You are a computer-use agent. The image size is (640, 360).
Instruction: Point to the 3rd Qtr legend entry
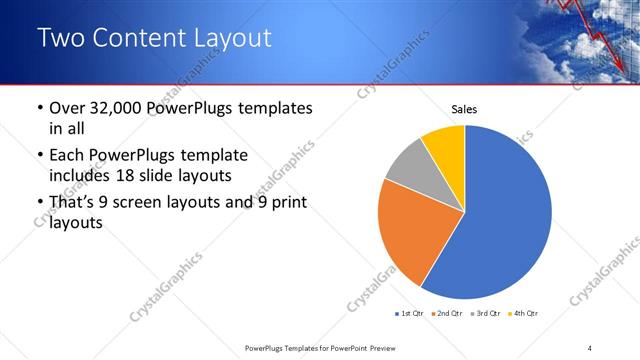[x=484, y=314]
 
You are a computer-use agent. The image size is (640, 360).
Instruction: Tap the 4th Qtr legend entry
[x=523, y=314]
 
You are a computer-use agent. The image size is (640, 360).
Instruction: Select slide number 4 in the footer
[x=590, y=347]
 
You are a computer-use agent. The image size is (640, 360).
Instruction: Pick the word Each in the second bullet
[x=68, y=155]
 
